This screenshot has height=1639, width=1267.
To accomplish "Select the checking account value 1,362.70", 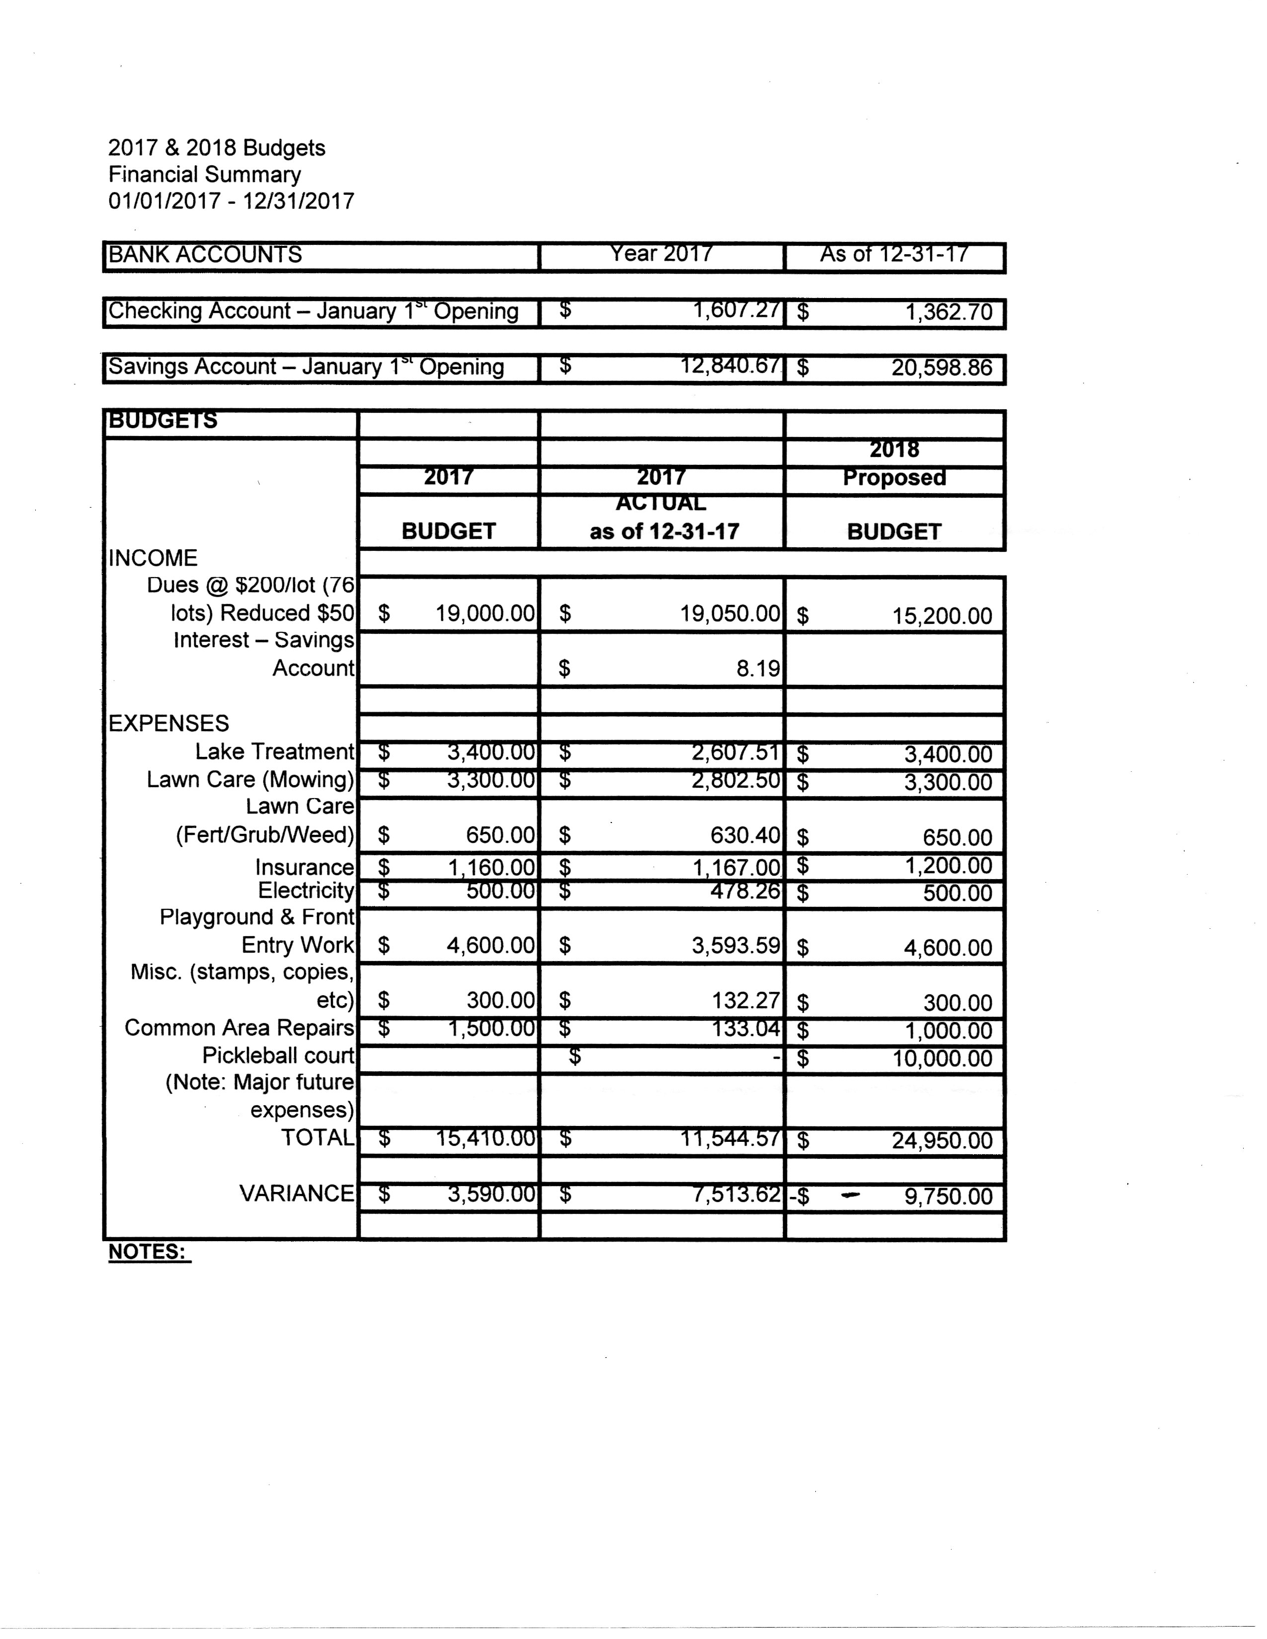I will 949,311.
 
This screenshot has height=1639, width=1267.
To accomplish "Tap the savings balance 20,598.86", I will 941,368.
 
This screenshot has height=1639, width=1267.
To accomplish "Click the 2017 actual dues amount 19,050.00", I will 729,614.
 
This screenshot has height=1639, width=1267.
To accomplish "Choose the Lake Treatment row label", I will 274,751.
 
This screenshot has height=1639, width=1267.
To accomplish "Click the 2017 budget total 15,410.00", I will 485,1138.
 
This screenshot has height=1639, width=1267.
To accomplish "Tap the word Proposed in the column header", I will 894,477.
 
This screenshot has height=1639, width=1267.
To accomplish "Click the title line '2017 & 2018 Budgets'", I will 217,148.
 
